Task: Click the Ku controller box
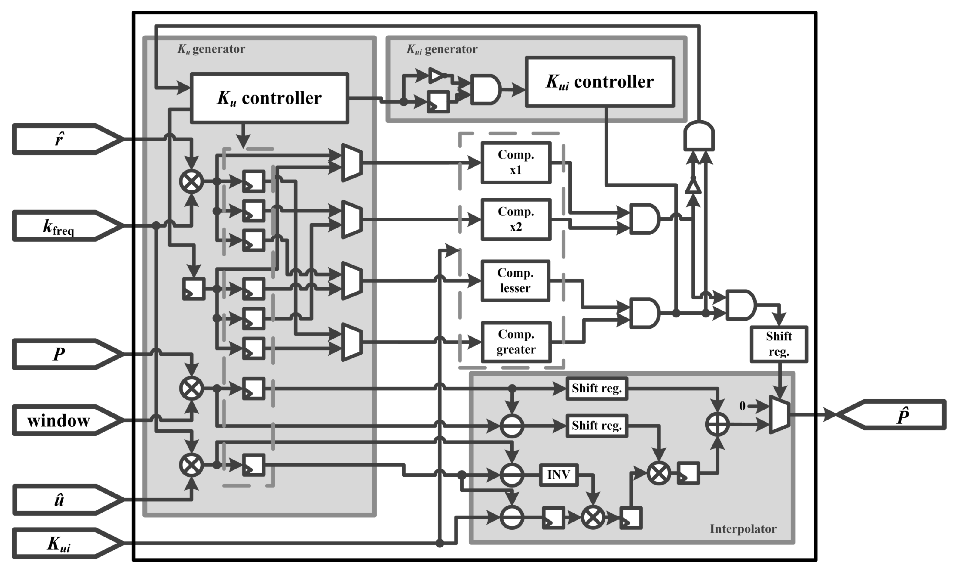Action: tap(269, 98)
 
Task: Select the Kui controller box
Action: tap(600, 82)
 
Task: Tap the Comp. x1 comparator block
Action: tap(516, 162)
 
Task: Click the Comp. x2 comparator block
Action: tap(516, 219)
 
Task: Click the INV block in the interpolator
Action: tap(559, 475)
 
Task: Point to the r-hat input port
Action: tap(62, 139)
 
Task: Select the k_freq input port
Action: tap(62, 226)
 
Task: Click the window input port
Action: tap(62, 420)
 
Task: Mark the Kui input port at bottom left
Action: tap(62, 543)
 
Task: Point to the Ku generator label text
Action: tap(211, 49)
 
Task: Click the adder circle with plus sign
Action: tap(717, 424)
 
